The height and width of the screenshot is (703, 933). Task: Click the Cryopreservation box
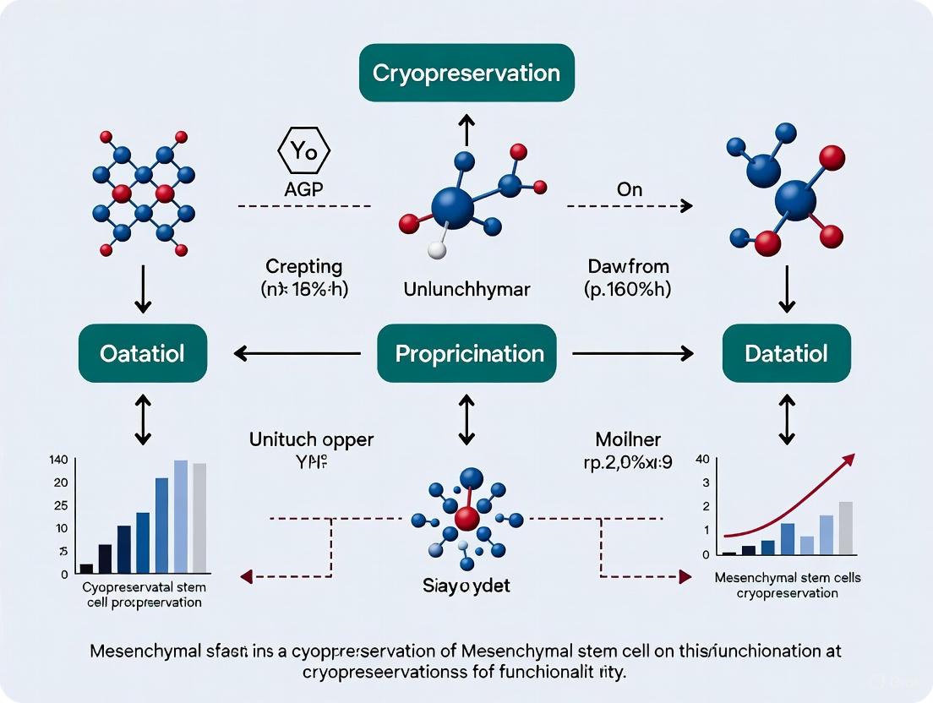(x=466, y=73)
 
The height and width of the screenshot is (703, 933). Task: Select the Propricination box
(x=470, y=353)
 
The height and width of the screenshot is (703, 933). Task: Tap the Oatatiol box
(x=142, y=353)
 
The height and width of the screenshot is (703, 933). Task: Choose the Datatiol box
(x=786, y=353)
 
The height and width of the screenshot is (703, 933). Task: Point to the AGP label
(x=303, y=190)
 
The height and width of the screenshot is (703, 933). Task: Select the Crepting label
(x=303, y=266)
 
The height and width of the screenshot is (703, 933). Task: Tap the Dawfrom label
(x=629, y=266)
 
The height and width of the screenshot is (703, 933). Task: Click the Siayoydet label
(x=466, y=586)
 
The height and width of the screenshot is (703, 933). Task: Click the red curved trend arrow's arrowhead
(x=848, y=460)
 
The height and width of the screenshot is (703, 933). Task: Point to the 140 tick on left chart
(x=58, y=460)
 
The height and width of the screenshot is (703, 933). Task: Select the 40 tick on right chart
(x=701, y=460)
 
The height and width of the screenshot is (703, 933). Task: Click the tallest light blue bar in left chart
(x=180, y=515)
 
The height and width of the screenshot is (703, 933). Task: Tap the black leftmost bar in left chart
(x=86, y=568)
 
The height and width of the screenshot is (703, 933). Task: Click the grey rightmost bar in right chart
(x=845, y=527)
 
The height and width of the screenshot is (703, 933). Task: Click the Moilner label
(x=629, y=439)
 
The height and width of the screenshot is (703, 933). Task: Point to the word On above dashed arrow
(x=629, y=190)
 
